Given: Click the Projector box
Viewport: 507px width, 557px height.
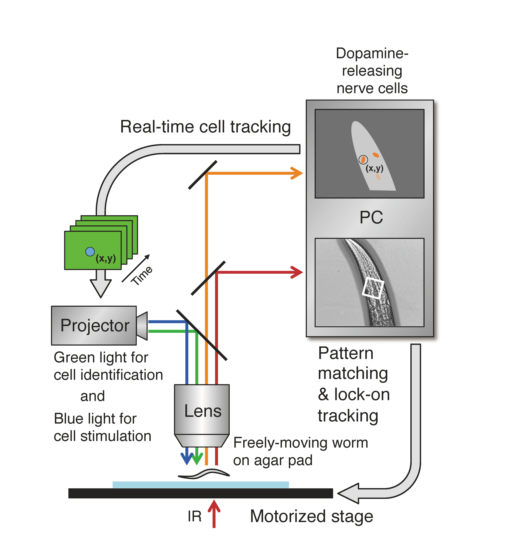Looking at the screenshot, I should pyautogui.click(x=94, y=325).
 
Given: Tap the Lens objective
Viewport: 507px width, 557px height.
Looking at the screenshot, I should pyautogui.click(x=202, y=412).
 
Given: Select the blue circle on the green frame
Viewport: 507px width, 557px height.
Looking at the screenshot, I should pyautogui.click(x=90, y=251).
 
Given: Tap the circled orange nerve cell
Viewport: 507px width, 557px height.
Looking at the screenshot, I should pyautogui.click(x=363, y=159).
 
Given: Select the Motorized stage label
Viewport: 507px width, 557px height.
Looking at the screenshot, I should pyautogui.click(x=311, y=516).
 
